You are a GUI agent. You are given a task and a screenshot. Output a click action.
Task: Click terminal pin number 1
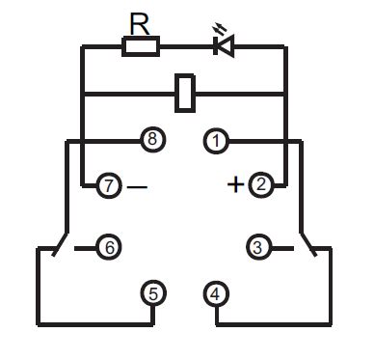click(x=217, y=141)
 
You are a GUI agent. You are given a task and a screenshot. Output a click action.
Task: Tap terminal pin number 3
click(x=257, y=247)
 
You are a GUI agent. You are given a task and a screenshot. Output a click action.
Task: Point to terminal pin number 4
click(x=217, y=291)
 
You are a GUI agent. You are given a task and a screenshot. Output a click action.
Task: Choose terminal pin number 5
click(x=152, y=291)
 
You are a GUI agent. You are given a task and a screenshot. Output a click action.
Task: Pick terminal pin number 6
click(x=110, y=247)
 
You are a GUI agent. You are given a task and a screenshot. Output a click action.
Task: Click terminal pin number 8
click(x=151, y=141)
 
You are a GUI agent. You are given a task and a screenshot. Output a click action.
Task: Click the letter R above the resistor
click(x=141, y=22)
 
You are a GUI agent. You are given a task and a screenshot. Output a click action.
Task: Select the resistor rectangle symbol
click(x=141, y=45)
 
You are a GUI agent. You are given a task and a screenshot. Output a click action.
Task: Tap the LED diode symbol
click(x=224, y=45)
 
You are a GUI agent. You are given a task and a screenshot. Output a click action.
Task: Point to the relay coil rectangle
click(x=186, y=93)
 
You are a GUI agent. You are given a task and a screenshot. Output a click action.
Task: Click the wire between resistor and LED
click(x=185, y=45)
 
